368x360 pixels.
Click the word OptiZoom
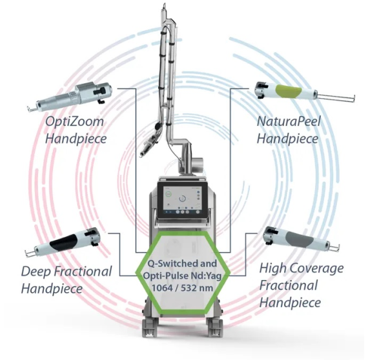click(74, 122)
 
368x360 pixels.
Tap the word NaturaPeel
click(289, 121)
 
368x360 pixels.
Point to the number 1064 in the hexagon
click(162, 288)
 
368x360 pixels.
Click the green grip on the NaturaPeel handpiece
click(289, 91)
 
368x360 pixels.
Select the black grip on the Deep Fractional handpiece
click(64, 241)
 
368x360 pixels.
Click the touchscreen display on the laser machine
click(183, 199)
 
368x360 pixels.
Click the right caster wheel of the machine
click(215, 328)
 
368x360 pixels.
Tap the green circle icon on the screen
click(169, 194)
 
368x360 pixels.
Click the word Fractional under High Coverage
click(289, 285)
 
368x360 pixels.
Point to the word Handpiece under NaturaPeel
click(288, 138)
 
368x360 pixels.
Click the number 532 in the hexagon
click(190, 288)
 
